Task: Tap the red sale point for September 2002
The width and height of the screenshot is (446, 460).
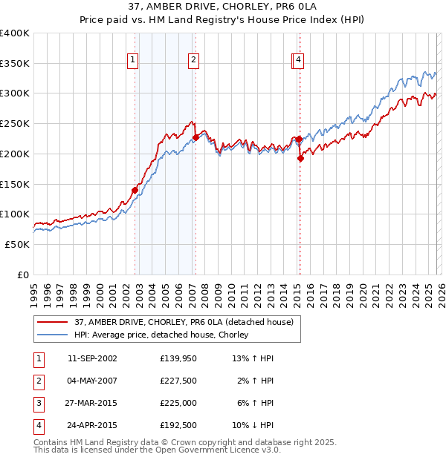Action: coord(135,190)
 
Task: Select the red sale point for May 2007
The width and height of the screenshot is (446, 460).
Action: coord(195,137)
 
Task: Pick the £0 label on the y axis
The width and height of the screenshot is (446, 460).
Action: coord(23,275)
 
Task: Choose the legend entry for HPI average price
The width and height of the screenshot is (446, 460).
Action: coord(161,335)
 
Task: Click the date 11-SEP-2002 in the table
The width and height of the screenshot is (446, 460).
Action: coord(92,358)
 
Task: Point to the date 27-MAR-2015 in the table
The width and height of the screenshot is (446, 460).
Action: coord(92,403)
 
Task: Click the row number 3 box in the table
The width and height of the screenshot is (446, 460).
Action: coord(37,403)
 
